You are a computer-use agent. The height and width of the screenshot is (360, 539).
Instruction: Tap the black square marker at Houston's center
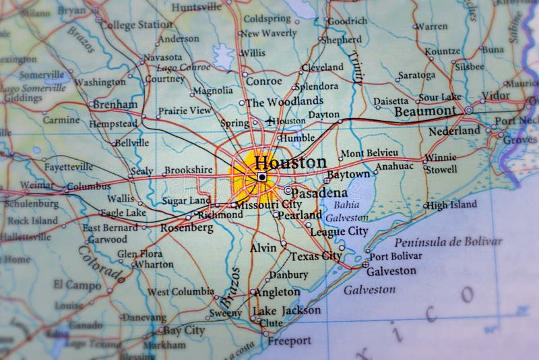tap(262, 177)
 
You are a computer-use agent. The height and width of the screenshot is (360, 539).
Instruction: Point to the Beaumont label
tap(424, 111)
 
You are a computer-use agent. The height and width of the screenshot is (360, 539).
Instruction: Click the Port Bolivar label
tap(395, 256)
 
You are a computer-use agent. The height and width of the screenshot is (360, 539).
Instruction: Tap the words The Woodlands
tap(284, 102)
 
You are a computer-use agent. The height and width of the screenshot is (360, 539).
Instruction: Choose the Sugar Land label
tap(186, 201)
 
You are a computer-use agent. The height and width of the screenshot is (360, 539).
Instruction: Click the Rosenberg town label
tap(187, 228)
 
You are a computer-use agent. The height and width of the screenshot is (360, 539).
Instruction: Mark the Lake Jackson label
tap(286, 311)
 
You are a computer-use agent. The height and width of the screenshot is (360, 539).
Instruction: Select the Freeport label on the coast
tap(289, 341)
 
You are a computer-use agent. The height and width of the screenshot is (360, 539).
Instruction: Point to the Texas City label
tap(316, 256)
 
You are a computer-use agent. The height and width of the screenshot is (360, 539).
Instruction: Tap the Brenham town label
tap(115, 104)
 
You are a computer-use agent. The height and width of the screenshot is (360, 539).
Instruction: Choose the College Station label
tap(137, 24)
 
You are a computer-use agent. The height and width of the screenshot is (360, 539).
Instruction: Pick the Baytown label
tap(348, 175)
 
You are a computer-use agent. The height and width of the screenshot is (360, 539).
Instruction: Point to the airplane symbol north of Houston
tap(271, 121)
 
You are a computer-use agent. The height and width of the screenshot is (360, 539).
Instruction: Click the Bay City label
tap(183, 330)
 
